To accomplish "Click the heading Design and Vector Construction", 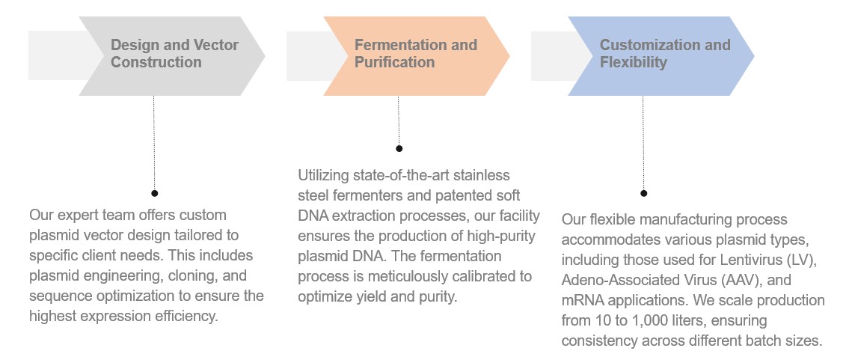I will tap(174, 54).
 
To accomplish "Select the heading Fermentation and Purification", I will tap(415, 54).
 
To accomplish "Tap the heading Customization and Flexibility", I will tap(664, 54).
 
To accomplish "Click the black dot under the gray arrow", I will tap(154, 193).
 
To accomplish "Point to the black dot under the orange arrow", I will tap(399, 148).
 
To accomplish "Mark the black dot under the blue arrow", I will tap(643, 193).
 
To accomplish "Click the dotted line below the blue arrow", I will tap(643, 142).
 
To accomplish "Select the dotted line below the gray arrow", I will tap(154, 142).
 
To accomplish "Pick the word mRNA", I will tap(583, 300).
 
